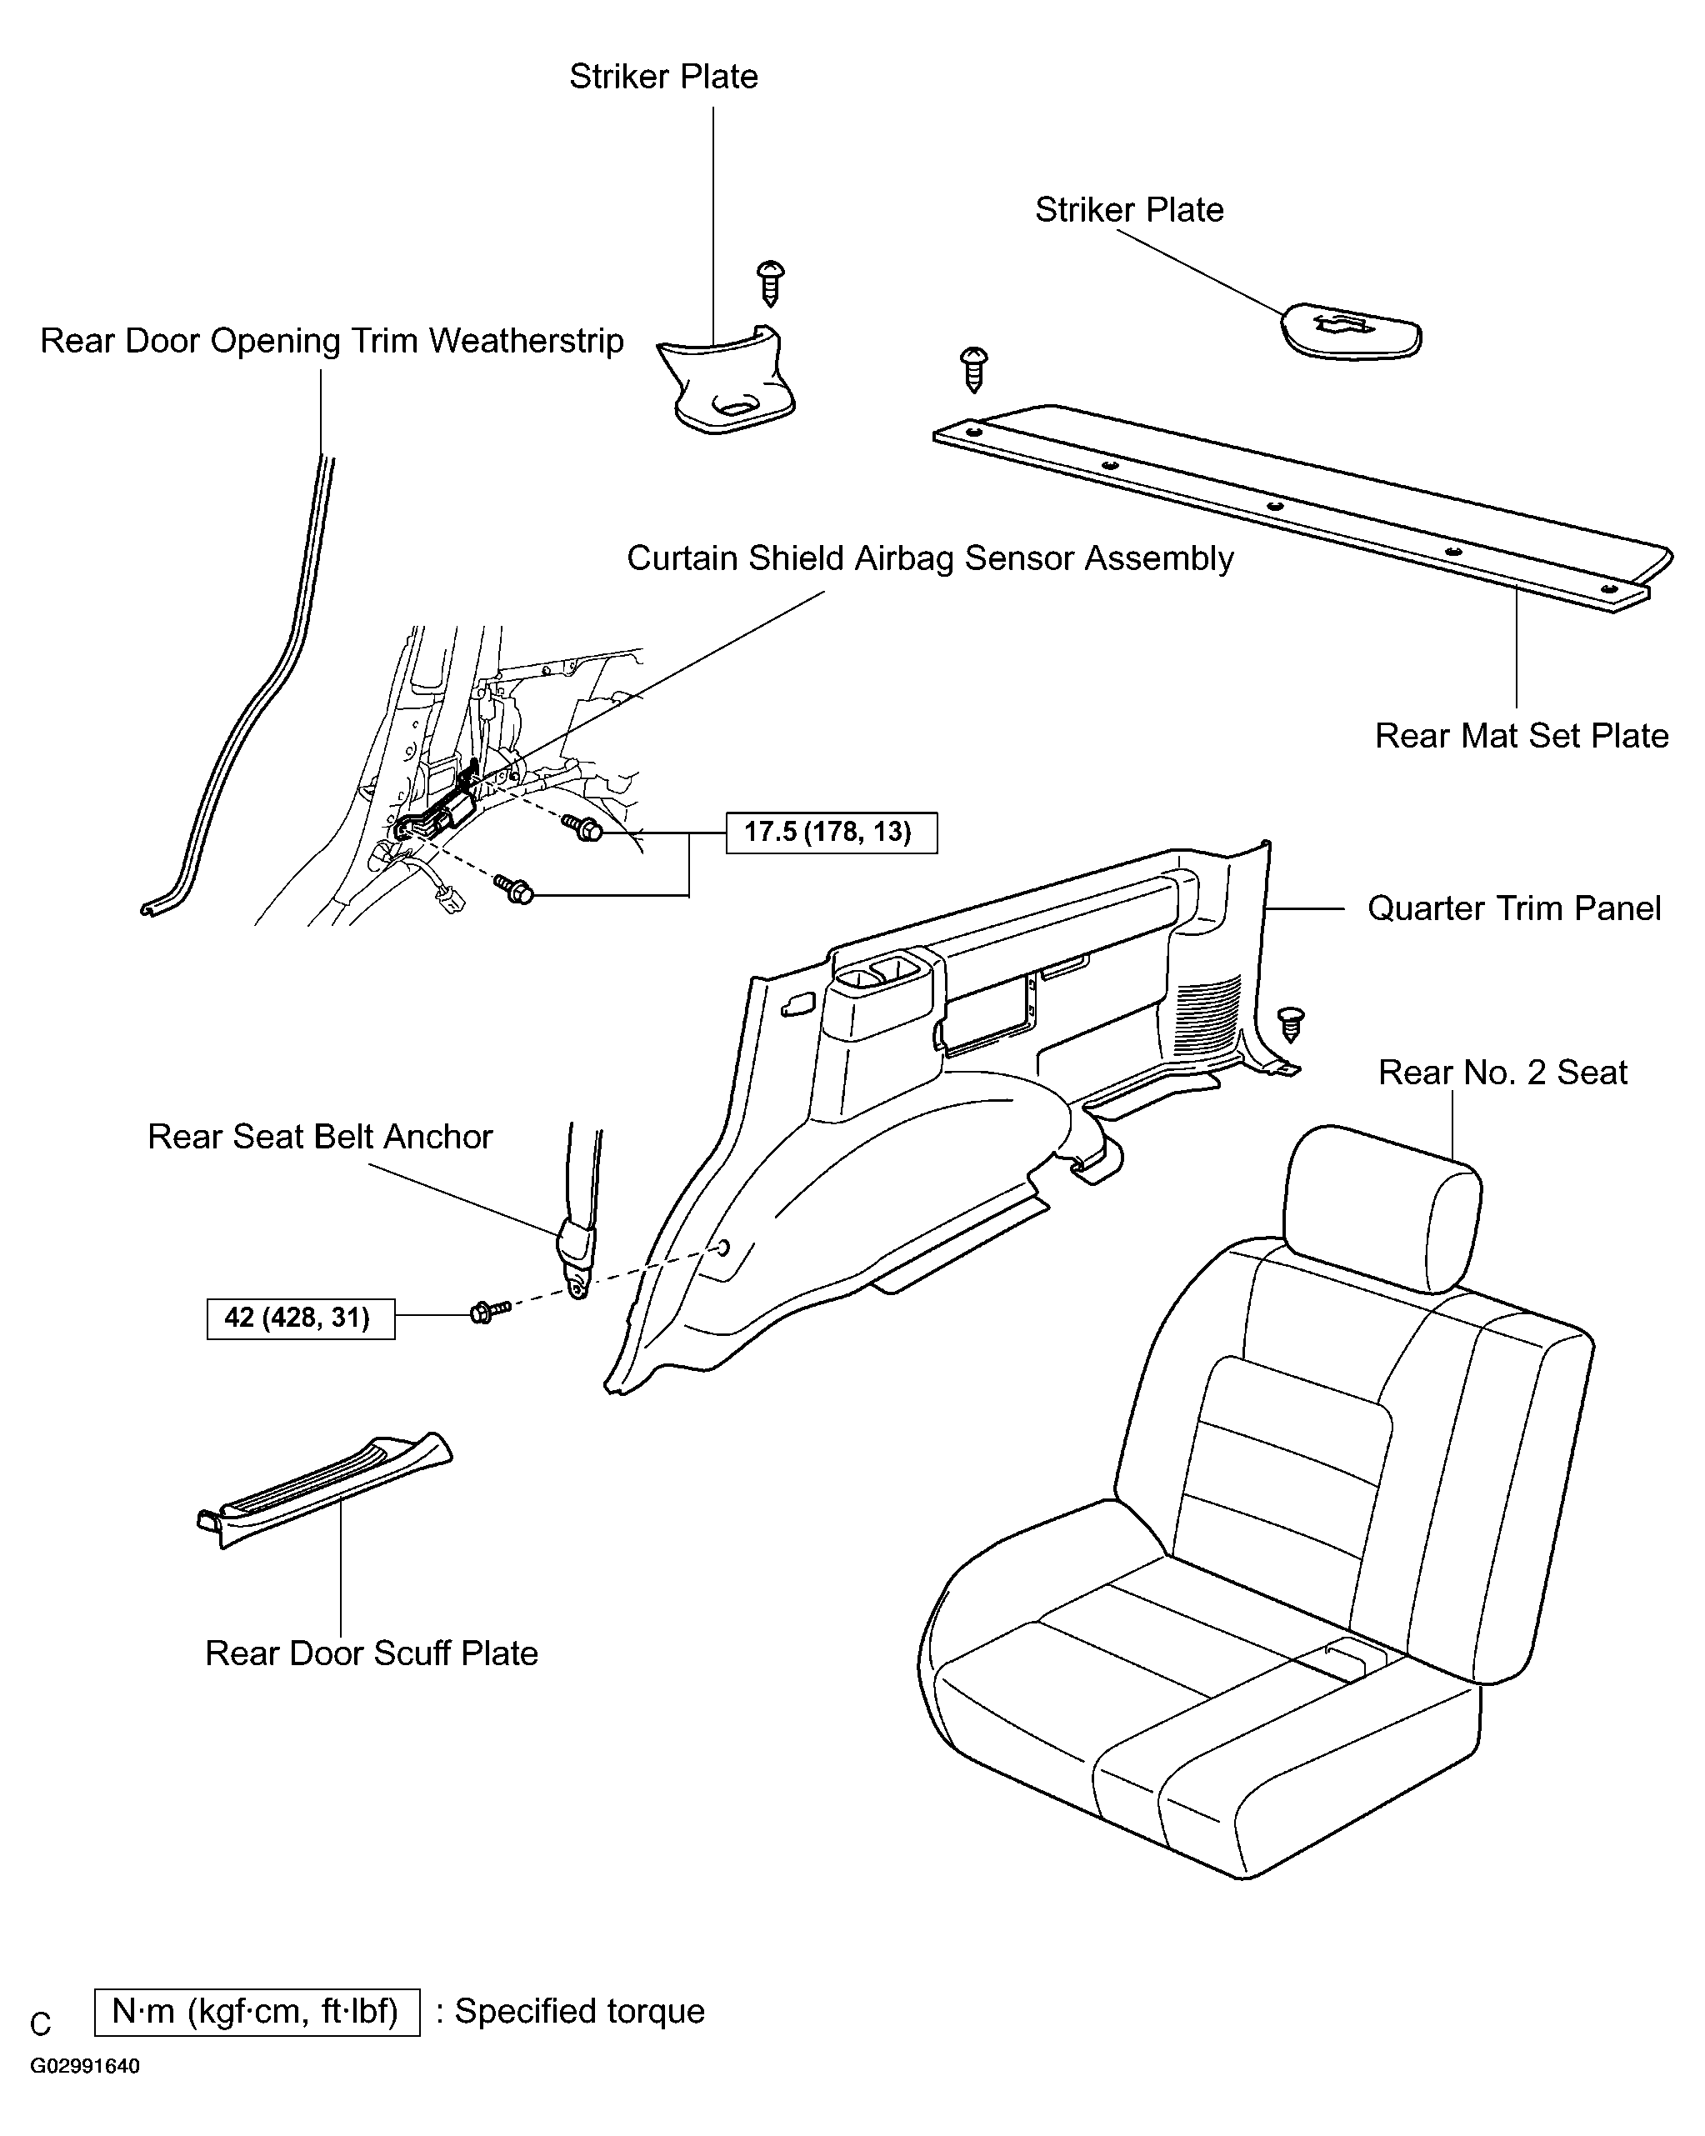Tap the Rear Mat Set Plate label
[x=1521, y=736]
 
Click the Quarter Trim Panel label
[x=1514, y=908]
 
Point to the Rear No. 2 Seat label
[x=1502, y=1072]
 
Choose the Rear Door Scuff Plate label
[x=372, y=1653]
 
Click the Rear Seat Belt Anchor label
[x=320, y=1137]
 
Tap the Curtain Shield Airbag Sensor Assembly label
[x=930, y=558]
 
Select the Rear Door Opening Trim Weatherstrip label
[x=332, y=341]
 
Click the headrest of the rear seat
[x=1383, y=1208]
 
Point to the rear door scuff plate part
[x=324, y=1489]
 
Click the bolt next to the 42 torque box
[x=489, y=1312]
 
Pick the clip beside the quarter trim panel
[x=1291, y=1024]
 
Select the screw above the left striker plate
[x=771, y=283]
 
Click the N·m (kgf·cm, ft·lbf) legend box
[x=257, y=2012]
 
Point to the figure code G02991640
[x=84, y=2067]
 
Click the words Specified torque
[x=579, y=2012]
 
